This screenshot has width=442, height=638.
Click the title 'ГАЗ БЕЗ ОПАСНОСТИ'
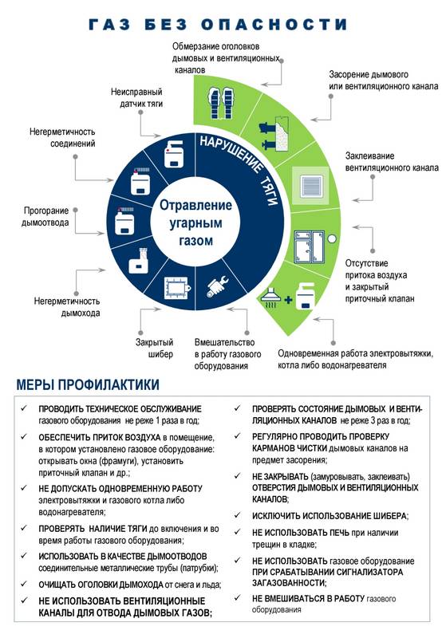[x=218, y=24]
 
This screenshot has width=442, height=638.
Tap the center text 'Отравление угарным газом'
[x=195, y=223]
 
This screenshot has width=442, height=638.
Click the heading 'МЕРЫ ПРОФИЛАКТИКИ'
[x=88, y=384]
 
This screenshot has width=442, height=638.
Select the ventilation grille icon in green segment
[x=313, y=185]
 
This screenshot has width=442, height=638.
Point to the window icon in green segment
[x=310, y=246]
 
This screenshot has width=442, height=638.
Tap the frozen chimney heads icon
[x=220, y=103]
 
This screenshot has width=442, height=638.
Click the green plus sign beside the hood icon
[x=288, y=301]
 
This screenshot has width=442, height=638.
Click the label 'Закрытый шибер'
[x=154, y=348]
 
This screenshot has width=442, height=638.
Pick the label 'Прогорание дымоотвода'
[x=45, y=216]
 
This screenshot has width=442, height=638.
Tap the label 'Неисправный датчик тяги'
[x=136, y=97]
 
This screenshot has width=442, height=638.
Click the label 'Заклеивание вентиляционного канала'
[x=392, y=162]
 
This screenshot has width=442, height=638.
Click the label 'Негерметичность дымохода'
[x=67, y=307]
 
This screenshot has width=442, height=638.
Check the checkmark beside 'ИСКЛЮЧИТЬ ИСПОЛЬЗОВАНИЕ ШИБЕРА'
[x=237, y=514]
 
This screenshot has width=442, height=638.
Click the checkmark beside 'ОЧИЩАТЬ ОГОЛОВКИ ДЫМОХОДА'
[x=24, y=584]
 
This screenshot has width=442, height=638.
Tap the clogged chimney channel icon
[x=274, y=133]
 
